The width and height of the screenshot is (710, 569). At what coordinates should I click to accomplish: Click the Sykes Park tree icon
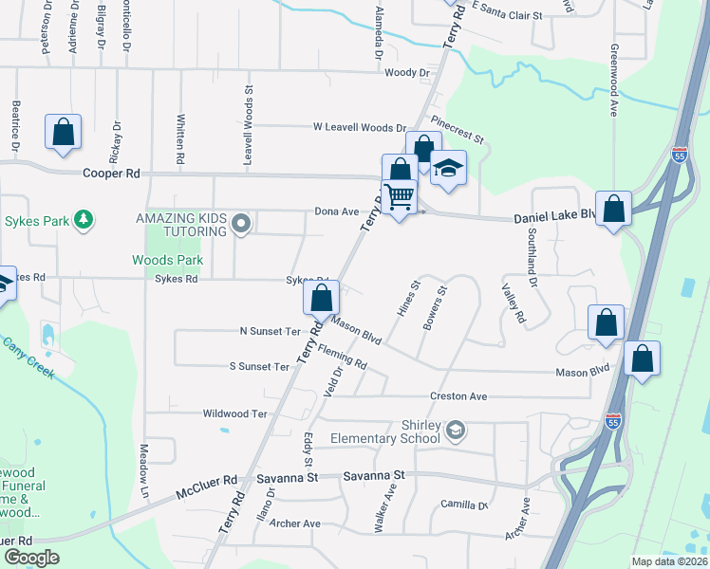point(85,220)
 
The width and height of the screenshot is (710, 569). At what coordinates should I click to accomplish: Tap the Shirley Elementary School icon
point(456,431)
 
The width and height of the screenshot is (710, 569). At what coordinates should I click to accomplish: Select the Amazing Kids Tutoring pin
point(241,224)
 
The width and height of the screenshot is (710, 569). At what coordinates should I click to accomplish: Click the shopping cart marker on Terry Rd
point(401,197)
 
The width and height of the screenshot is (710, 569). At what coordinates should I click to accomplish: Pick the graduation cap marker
point(447,170)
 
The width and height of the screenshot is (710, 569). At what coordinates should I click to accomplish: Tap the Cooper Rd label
point(111,174)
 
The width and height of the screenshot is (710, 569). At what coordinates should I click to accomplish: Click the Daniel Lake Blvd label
point(554,218)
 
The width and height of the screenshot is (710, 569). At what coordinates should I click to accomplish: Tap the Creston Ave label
point(458,396)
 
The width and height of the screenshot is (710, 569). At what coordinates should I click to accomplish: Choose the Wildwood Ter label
point(235,413)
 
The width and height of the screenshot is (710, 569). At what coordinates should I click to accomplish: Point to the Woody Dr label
point(408,73)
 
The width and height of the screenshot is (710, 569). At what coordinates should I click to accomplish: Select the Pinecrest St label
point(457,130)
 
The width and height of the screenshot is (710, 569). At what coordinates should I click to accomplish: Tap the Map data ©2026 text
point(669,561)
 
